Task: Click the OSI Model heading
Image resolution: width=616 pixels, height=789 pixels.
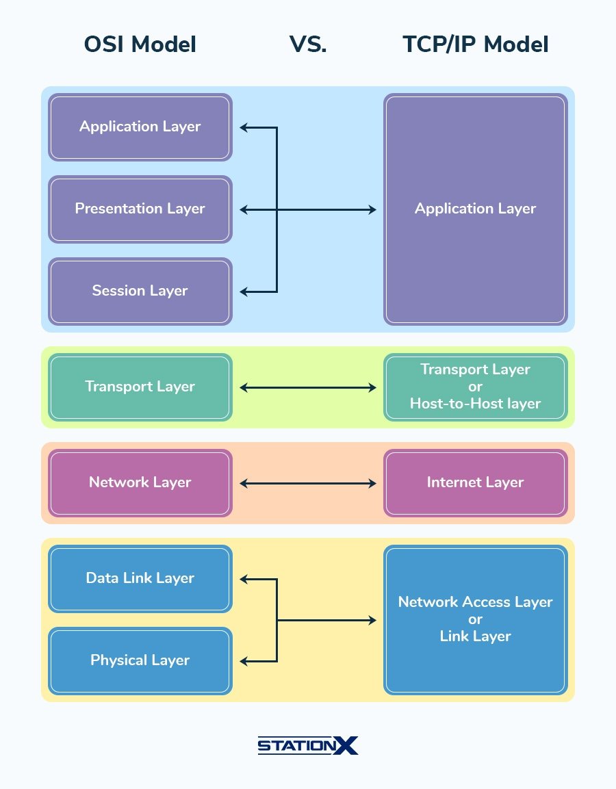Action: (140, 45)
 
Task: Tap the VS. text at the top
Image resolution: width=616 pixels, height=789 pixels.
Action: (307, 45)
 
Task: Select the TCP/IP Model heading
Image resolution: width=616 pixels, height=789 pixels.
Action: (475, 45)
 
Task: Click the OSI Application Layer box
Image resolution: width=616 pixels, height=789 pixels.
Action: (140, 127)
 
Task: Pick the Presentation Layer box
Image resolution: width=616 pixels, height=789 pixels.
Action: (140, 209)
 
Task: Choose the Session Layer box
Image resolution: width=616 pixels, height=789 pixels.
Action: (140, 291)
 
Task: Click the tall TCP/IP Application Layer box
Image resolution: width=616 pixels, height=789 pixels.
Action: (475, 209)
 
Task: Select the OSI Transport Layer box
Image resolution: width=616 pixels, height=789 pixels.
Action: (140, 387)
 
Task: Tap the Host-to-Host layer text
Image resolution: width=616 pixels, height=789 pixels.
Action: (475, 404)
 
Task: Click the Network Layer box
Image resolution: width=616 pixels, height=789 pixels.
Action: (140, 482)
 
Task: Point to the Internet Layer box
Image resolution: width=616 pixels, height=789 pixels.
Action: (475, 482)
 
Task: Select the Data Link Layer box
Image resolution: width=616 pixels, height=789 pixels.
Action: (140, 578)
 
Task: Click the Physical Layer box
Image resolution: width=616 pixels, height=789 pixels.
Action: (140, 660)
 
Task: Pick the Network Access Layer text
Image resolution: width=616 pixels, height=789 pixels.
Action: (475, 602)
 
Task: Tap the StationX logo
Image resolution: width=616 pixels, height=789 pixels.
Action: (307, 745)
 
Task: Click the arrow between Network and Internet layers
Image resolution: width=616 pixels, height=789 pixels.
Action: (308, 484)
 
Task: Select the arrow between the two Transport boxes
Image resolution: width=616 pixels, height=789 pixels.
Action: (308, 388)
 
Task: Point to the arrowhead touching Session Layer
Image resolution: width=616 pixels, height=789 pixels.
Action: (244, 292)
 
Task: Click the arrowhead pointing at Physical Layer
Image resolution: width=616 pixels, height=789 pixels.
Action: (244, 661)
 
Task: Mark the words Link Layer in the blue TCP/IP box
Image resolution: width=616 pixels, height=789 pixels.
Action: (475, 636)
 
